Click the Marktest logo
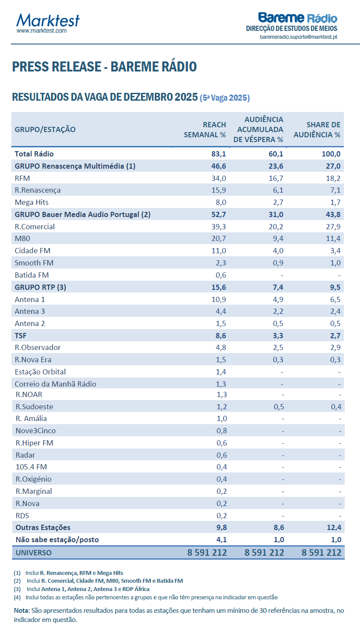click(48, 20)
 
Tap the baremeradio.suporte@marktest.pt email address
click(298, 37)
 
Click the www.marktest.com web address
click(41, 31)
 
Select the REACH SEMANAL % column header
click(205, 129)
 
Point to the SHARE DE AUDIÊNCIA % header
click(317, 129)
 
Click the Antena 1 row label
click(30, 299)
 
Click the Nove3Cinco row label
click(35, 431)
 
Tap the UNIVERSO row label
click(33, 553)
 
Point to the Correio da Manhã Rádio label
click(55, 384)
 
